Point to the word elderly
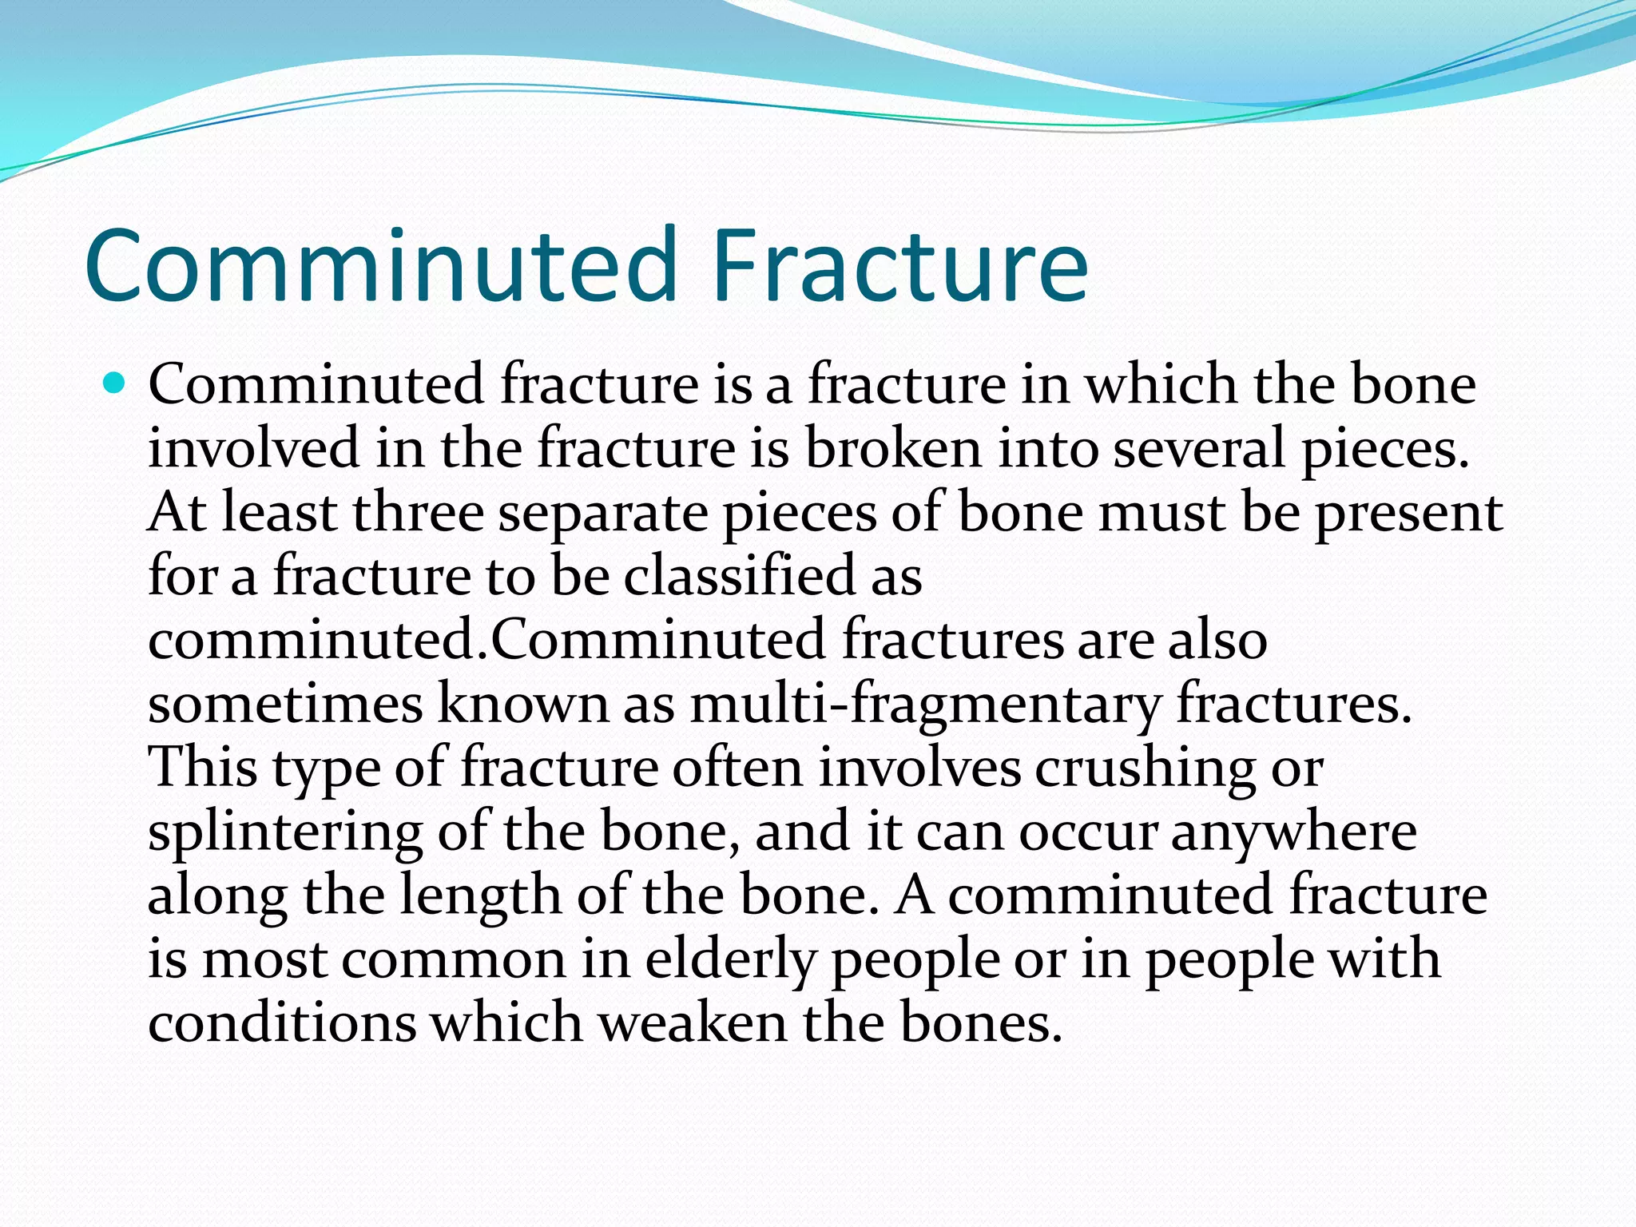coord(730,959)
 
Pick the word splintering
coord(285,833)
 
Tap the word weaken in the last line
coord(693,1023)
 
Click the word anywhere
coord(1294,833)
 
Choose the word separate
coord(603,514)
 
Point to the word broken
coord(892,448)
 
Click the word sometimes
coord(285,705)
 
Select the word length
coord(481,897)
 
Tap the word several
coord(1199,448)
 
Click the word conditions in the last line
coord(282,1023)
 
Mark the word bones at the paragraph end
coord(974,1023)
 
